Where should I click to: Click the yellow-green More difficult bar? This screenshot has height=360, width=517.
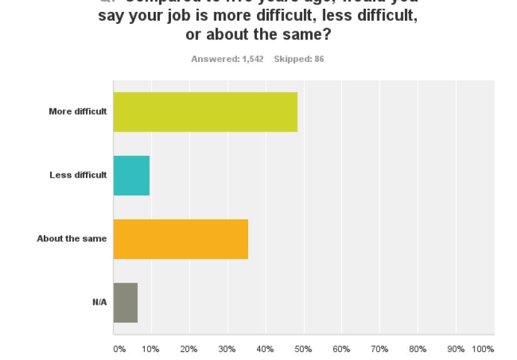(205, 112)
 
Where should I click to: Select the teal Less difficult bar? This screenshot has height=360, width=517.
(132, 175)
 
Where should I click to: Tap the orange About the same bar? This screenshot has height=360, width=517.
(180, 239)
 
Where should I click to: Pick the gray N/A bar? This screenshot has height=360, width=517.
(125, 302)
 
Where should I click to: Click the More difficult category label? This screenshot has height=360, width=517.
(78, 111)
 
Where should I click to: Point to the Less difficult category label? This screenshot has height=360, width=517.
(78, 175)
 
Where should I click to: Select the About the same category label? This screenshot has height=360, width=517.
(71, 239)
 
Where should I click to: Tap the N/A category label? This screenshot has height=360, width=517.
(100, 302)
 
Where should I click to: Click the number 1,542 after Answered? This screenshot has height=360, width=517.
(253, 59)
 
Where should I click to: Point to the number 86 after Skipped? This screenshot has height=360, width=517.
(319, 59)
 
